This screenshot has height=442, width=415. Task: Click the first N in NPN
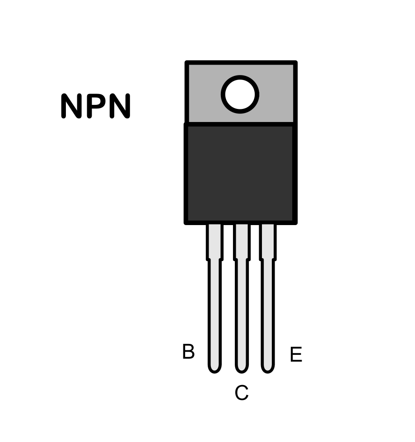pos(71,106)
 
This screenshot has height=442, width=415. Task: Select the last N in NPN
pos(120,106)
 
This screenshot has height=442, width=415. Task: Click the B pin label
pos(188,351)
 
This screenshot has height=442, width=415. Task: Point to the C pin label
pos(242,393)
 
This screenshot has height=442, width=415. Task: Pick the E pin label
pos(296,354)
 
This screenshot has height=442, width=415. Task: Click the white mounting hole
pos(240,94)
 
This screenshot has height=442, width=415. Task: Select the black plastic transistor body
pos(240,174)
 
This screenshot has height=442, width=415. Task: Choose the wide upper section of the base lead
pos(214,242)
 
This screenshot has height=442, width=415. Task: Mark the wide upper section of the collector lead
pos(242,242)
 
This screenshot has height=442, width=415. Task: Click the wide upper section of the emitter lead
pos(268,242)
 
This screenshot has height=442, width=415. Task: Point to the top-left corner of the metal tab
pos(185,61)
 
